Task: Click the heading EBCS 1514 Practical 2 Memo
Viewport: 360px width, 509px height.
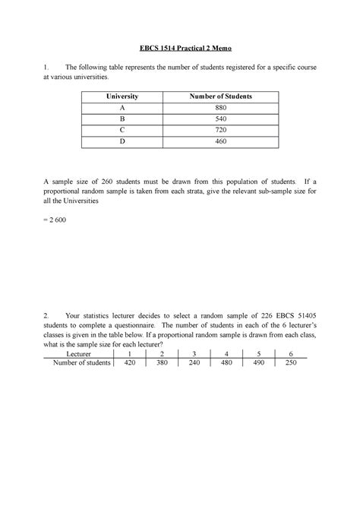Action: pos(180,49)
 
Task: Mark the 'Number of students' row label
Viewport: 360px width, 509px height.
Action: pos(80,364)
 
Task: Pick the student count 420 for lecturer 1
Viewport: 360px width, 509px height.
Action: pos(129,364)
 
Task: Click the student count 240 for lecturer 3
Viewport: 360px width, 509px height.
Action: pos(194,364)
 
